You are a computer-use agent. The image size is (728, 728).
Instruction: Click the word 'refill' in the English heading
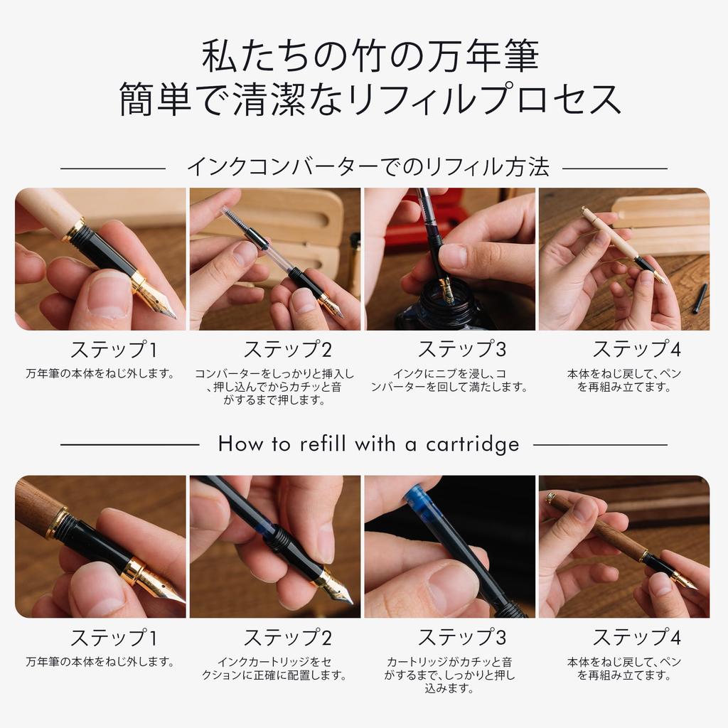pos(323,444)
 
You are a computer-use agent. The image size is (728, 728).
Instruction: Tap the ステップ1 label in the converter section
pos(114,349)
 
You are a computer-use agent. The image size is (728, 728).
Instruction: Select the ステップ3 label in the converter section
pos(462,349)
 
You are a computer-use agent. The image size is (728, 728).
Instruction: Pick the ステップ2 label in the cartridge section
pos(288,637)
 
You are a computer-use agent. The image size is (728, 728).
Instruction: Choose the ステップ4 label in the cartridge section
pos(636,637)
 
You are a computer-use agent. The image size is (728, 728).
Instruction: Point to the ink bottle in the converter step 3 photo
pos(439,307)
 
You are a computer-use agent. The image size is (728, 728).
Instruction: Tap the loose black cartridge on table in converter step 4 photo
pos(700,298)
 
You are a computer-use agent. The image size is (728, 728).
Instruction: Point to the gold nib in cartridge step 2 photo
pos(336,588)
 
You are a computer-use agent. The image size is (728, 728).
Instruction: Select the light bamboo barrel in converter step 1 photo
pos(46,209)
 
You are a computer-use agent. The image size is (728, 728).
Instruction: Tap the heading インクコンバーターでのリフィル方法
pos(368,167)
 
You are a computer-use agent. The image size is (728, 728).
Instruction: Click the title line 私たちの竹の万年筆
pos(370,55)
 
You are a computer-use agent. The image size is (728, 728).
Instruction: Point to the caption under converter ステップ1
pos(100,373)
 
